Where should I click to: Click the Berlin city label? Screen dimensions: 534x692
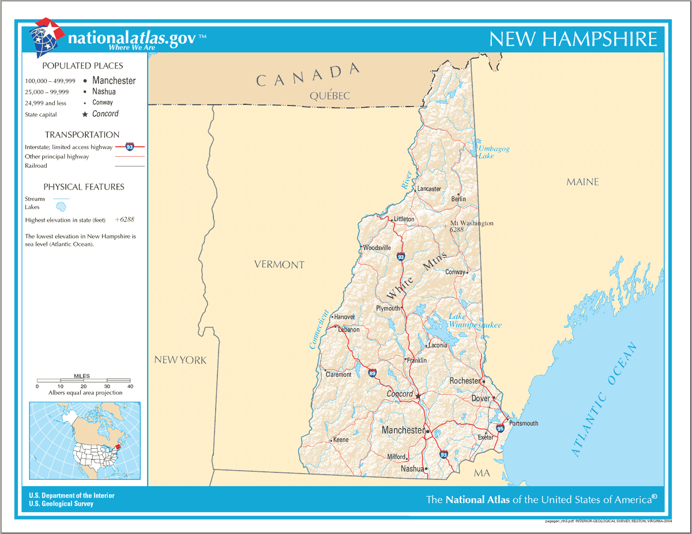coord(458,199)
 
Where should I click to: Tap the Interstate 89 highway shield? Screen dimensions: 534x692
coord(373,373)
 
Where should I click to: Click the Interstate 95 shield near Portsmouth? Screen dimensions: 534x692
coord(500,429)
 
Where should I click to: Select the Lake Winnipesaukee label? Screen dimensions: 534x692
coord(475,321)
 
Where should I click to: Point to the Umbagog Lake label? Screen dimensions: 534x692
coord(494,152)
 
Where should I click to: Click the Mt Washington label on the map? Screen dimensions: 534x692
coord(471,224)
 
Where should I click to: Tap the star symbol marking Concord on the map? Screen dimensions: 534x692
coord(418,396)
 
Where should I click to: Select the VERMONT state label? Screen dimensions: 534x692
coord(279,265)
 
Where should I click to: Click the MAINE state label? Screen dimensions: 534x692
coord(582,182)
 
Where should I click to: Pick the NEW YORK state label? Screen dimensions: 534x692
coord(180,360)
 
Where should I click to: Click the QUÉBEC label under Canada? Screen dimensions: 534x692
coord(329,96)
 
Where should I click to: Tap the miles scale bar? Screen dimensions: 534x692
coord(83,381)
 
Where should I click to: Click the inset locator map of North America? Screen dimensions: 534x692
coord(85,441)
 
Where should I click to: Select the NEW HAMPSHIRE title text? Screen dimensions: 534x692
coord(573,39)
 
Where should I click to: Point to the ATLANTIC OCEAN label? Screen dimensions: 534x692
coord(605,400)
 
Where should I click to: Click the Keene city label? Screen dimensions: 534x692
coord(340,440)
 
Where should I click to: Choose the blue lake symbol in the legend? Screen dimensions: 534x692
coord(61,207)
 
